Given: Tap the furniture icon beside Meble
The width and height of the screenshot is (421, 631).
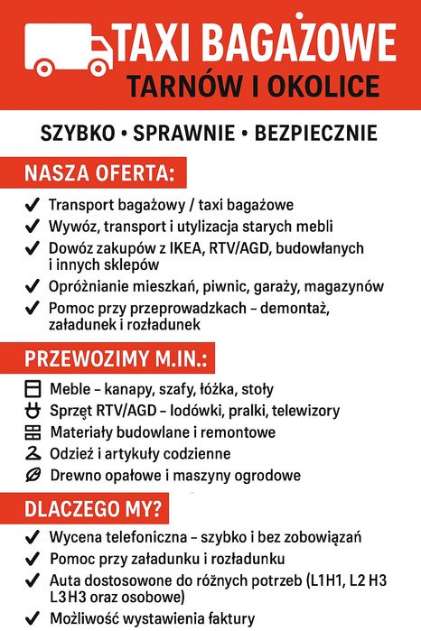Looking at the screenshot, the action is coord(32,390).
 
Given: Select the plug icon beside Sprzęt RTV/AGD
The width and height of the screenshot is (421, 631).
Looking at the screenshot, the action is coord(32,412).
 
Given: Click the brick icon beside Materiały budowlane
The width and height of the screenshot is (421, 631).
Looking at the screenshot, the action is coord(32,433).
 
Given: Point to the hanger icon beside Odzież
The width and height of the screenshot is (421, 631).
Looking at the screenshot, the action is coord(32,454).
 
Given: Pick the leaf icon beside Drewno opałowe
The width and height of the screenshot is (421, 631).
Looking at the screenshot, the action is coord(32,475).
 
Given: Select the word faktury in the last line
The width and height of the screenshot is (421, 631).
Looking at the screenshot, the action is coord(228,619).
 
